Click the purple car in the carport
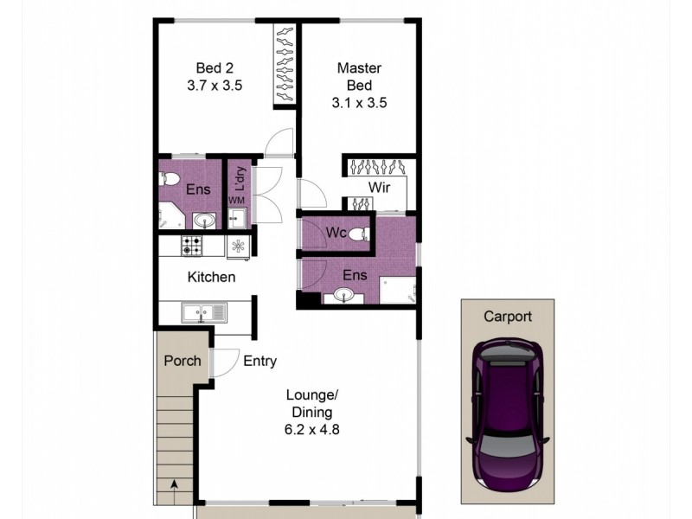[508, 413]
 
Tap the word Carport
[508, 317]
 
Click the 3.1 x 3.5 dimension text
[359, 101]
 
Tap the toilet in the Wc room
[361, 233]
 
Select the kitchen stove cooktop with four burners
[191, 246]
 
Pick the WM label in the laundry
[236, 201]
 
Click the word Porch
[182, 361]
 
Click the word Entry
[259, 361]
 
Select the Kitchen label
[212, 277]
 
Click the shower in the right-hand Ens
[398, 292]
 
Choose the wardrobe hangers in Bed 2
[285, 67]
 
